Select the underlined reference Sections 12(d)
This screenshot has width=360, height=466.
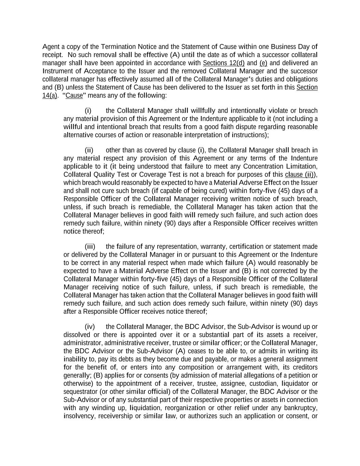pyautogui.click(x=224, y=63)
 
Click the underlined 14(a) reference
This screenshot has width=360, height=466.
pyautogui.click(x=49, y=96)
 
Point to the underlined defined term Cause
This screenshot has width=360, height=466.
pyautogui.click(x=74, y=96)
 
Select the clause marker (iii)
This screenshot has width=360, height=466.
pyautogui.click(x=90, y=246)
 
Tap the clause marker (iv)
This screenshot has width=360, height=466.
pyautogui.click(x=89, y=327)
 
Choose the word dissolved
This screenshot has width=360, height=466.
pyautogui.click(x=77, y=335)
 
